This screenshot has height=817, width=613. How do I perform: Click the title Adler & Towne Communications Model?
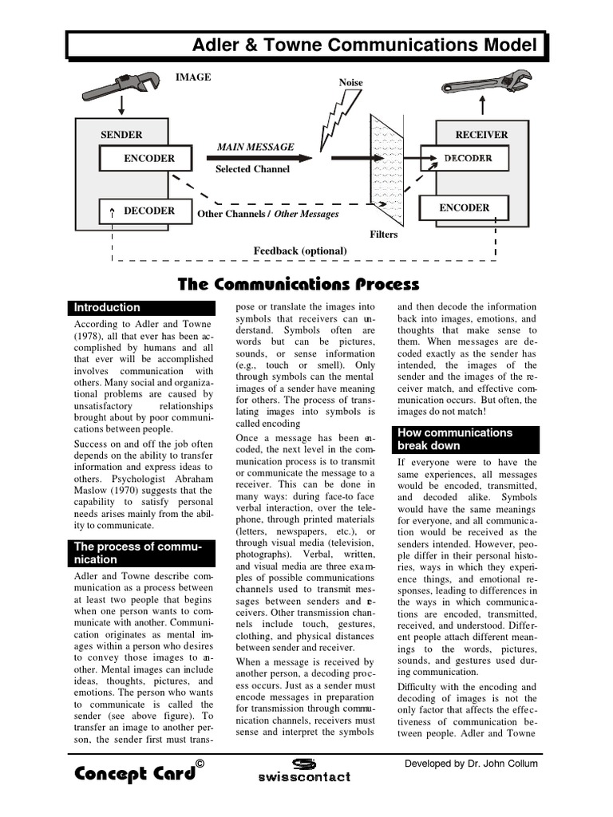click(364, 45)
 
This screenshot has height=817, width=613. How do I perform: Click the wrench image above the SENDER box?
click(121, 84)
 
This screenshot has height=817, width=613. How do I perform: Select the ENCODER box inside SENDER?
click(145, 159)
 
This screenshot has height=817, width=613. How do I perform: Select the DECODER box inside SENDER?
click(145, 211)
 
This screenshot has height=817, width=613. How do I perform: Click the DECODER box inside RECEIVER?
click(468, 159)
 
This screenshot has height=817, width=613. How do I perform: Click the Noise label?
click(350, 83)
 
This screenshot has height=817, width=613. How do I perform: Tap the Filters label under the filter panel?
click(383, 235)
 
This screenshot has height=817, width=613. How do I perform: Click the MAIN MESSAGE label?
click(255, 147)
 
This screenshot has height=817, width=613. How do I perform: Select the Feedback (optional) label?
click(300, 251)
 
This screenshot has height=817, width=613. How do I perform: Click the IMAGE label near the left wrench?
click(193, 77)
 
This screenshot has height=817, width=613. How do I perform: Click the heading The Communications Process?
click(298, 284)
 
